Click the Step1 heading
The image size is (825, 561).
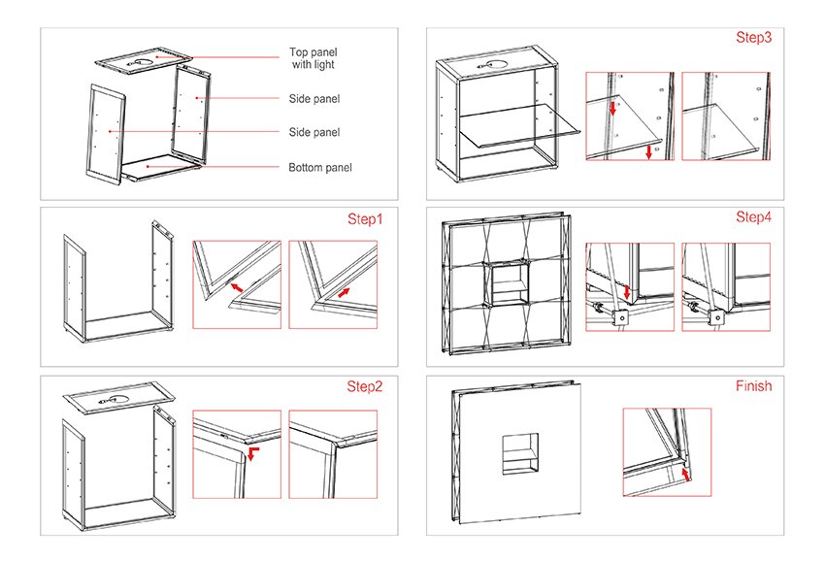[x=365, y=219]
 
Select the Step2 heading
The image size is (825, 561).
[x=364, y=387]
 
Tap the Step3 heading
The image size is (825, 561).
[x=753, y=37]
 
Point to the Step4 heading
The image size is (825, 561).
[x=753, y=216]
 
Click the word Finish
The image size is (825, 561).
[x=753, y=386]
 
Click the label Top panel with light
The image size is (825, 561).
[x=313, y=58]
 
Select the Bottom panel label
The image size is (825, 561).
[x=320, y=168]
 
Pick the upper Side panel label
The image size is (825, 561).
[x=314, y=99]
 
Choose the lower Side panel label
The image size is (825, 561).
[x=314, y=132]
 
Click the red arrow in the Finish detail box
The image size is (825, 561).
[x=685, y=475]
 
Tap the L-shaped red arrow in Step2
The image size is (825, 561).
[x=253, y=453]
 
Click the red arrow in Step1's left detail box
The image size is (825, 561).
[x=237, y=287]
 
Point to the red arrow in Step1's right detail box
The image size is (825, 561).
[x=344, y=292]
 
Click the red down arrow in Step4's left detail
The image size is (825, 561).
[x=626, y=291]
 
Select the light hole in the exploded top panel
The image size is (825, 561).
[x=141, y=64]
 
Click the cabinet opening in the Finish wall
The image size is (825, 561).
[x=520, y=454]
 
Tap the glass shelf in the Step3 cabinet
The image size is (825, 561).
[x=518, y=126]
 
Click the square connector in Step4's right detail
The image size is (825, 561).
[x=716, y=317]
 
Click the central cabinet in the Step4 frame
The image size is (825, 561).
[x=510, y=284]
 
